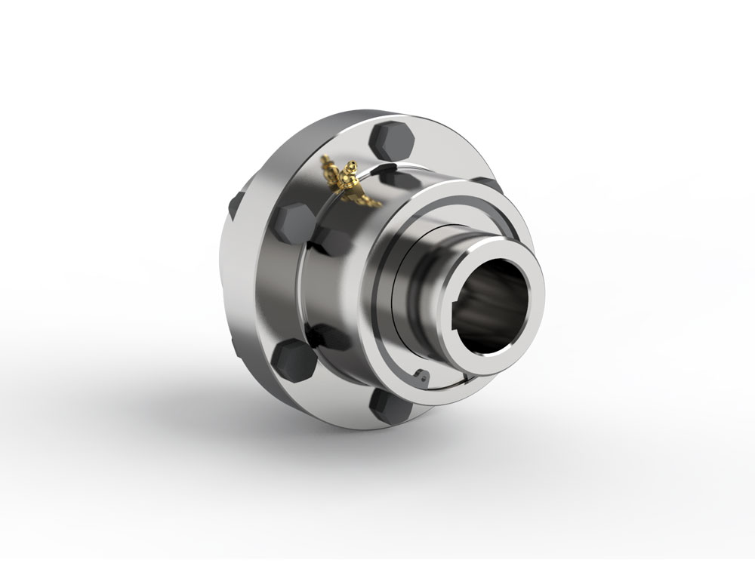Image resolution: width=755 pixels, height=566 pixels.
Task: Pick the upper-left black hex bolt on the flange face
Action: (291, 224)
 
